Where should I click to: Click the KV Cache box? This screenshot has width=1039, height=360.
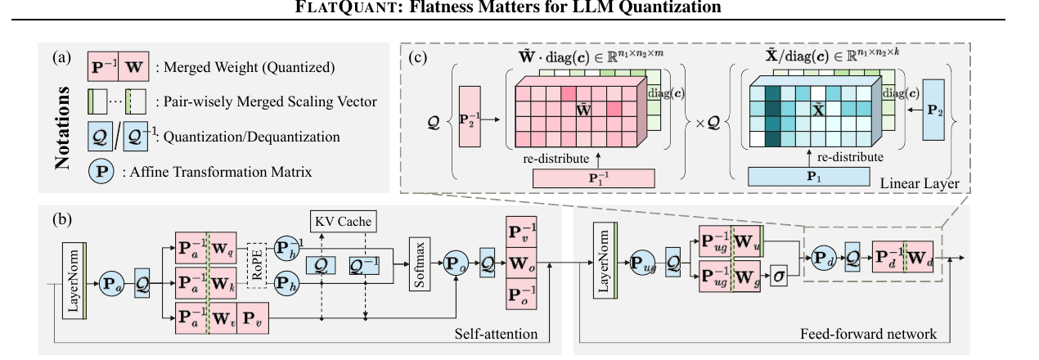pyautogui.click(x=344, y=221)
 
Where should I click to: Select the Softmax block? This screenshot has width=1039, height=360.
pyautogui.click(x=420, y=264)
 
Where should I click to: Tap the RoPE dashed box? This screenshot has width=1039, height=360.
pyautogui.click(x=257, y=266)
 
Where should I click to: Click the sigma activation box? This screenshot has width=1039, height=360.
pyautogui.click(x=779, y=276)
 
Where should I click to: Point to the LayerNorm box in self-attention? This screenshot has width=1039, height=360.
pyautogui.click(x=74, y=281)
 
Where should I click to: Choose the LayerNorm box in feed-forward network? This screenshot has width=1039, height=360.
pyautogui.click(x=605, y=260)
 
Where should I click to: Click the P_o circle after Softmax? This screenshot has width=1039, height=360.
pyautogui.click(x=456, y=263)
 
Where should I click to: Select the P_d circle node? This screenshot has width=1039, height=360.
pyautogui.click(x=824, y=259)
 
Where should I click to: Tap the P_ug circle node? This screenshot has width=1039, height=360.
pyautogui.click(x=642, y=263)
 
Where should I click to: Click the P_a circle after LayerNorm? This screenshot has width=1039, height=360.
pyautogui.click(x=112, y=283)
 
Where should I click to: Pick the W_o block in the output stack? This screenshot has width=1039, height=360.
pyautogui.click(x=521, y=263)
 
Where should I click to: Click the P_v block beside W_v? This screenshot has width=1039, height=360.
pyautogui.click(x=253, y=318)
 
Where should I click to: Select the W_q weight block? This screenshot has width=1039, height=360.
pyautogui.click(x=223, y=248)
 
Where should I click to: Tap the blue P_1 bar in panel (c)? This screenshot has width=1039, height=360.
pyautogui.click(x=809, y=177)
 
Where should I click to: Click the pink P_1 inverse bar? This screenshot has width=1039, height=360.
pyautogui.click(x=594, y=178)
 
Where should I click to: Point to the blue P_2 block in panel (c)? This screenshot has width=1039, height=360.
pyautogui.click(x=933, y=110)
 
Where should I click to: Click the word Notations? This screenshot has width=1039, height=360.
pyautogui.click(x=62, y=127)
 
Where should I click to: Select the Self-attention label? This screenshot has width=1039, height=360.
pyautogui.click(x=496, y=334)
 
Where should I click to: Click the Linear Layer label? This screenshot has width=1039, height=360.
pyautogui.click(x=920, y=183)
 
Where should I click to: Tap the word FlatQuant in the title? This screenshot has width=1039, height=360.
pyautogui.click(x=349, y=7)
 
